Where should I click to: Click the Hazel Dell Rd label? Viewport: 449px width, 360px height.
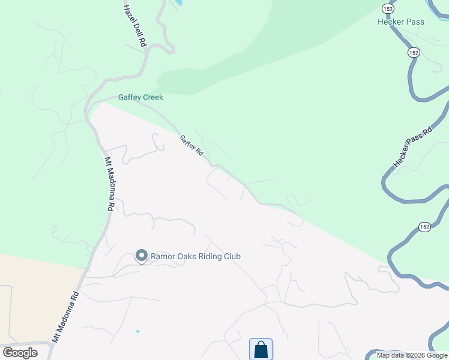(x=134, y=26)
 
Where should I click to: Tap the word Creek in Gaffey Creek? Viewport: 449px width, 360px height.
(x=152, y=97)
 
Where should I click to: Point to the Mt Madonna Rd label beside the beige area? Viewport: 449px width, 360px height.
(x=65, y=316)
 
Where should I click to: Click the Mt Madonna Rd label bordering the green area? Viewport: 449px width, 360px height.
(x=109, y=183)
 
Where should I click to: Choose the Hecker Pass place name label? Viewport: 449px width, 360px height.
(x=401, y=22)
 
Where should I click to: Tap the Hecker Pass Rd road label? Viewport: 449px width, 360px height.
(x=412, y=148)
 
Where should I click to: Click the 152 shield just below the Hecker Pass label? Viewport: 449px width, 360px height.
(x=414, y=53)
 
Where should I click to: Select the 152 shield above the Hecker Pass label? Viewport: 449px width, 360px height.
(x=388, y=8)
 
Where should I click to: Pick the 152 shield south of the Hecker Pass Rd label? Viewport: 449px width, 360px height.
(x=424, y=227)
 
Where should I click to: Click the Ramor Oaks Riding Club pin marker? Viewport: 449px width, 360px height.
(x=142, y=256)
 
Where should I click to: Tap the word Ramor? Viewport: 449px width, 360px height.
(x=163, y=256)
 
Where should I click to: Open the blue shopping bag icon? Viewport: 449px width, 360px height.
(x=261, y=349)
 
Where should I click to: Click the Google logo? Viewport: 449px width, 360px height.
(x=20, y=353)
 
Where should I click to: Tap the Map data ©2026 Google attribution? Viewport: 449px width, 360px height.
(x=412, y=355)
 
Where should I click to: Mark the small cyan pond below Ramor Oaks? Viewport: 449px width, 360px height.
(x=138, y=331)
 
